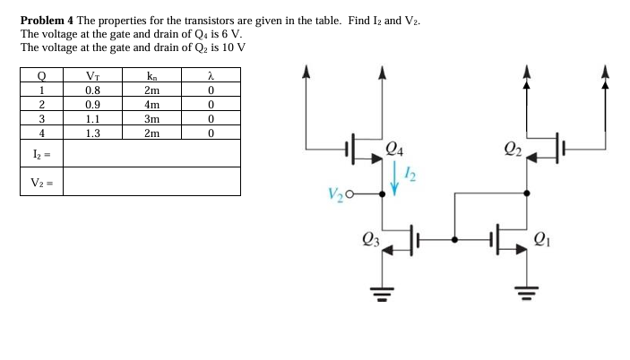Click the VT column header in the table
coord(92,75)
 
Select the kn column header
coord(151,75)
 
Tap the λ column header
coord(210,75)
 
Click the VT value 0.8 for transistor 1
coord(92,90)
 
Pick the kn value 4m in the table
coord(151,104)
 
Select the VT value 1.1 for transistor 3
coord(92,118)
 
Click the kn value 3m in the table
coord(151,118)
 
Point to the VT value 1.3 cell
coord(92,133)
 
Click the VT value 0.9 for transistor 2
coord(92,104)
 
